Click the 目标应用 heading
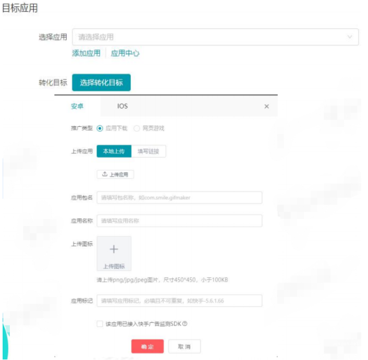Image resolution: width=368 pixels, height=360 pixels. click(20, 9)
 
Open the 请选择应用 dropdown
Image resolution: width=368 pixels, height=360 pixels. click(215, 37)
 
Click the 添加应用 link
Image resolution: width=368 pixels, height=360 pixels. click(86, 53)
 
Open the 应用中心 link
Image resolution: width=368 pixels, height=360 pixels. click(125, 53)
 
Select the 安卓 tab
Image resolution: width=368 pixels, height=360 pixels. click(77, 106)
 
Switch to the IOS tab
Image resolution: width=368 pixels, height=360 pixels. click(122, 106)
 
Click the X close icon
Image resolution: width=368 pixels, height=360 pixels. click(267, 106)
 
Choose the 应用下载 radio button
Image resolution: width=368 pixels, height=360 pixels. click(100, 128)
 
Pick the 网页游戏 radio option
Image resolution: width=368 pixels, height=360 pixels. click(137, 128)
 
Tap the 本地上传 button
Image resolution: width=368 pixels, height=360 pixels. click(114, 151)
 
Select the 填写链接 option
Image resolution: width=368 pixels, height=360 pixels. click(149, 151)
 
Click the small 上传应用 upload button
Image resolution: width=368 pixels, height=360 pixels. click(115, 174)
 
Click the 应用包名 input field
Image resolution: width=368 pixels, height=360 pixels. click(179, 198)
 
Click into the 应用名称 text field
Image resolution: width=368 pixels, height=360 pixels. click(179, 221)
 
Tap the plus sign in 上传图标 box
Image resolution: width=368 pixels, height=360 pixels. click(114, 249)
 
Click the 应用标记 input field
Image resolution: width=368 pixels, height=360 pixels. click(179, 301)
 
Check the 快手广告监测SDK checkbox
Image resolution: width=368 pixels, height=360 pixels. click(100, 324)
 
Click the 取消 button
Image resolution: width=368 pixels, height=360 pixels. click(184, 347)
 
